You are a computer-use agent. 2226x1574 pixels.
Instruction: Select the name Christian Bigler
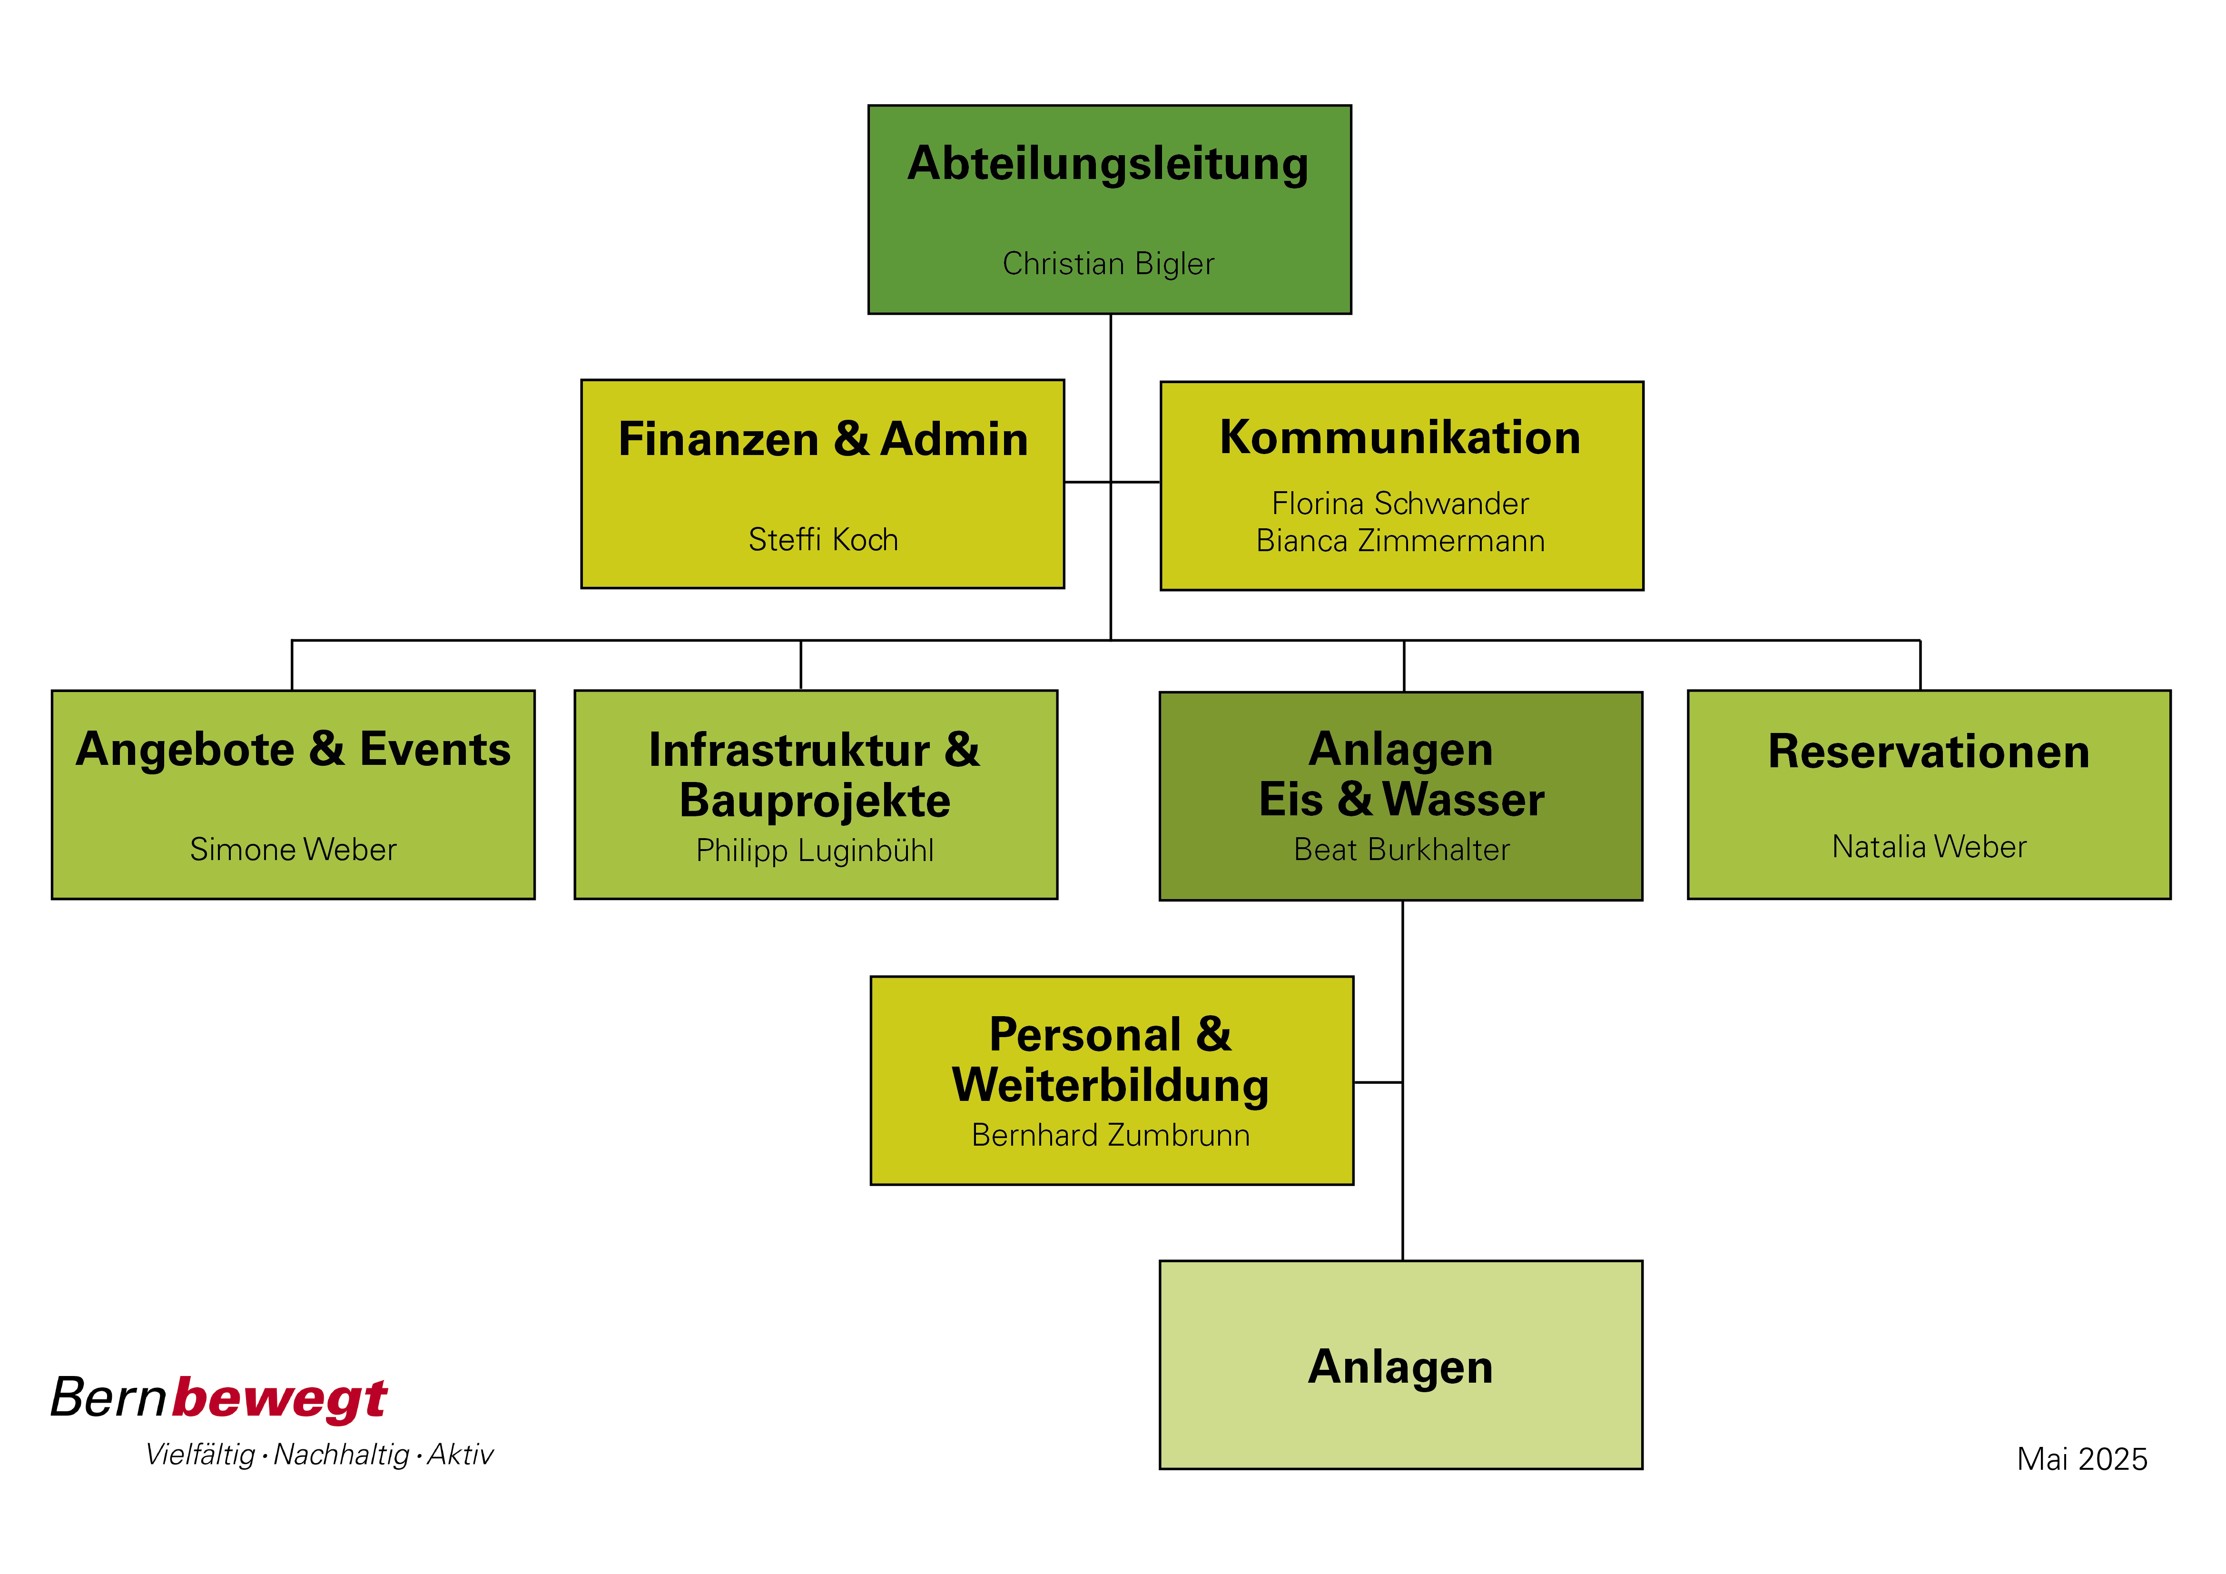1108,264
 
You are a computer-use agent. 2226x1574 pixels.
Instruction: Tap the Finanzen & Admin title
823,439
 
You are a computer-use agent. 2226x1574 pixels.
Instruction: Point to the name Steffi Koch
823,539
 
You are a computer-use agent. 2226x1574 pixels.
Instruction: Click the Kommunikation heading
1400,437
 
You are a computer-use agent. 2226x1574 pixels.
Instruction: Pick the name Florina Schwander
1400,504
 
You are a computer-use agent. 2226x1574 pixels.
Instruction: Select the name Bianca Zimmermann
1400,540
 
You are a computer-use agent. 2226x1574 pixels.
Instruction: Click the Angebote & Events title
293,750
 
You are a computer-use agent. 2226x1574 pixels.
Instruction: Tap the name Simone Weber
293,850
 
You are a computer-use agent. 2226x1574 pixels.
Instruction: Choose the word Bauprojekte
814,801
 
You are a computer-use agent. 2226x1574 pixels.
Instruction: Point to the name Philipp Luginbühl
814,851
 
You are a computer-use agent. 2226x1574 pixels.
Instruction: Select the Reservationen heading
1929,752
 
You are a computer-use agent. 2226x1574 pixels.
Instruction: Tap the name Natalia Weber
1929,847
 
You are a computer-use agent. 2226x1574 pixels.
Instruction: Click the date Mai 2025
2081,1459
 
